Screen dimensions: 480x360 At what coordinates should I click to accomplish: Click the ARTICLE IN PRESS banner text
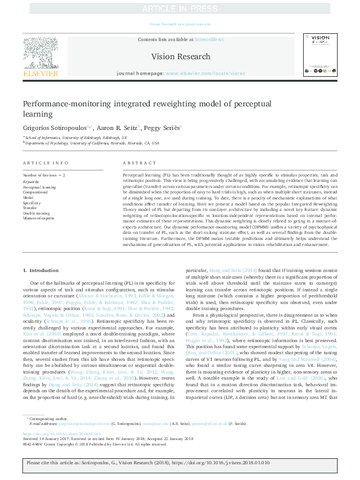click(x=180, y=8)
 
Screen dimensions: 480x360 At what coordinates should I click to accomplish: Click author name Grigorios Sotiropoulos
click(x=55, y=128)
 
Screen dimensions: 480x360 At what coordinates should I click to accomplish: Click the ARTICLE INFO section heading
click(x=45, y=163)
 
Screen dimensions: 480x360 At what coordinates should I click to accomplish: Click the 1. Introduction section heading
click(x=41, y=270)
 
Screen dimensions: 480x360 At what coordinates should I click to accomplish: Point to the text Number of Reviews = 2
click(x=44, y=175)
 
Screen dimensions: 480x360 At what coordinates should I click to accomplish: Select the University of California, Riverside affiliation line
click(x=93, y=143)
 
